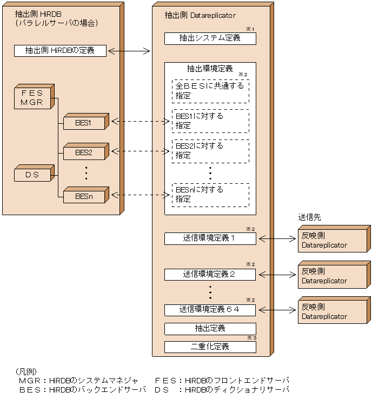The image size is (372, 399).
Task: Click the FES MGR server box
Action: (x=32, y=98)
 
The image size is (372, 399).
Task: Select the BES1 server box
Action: (x=84, y=123)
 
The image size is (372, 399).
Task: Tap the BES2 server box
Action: (x=84, y=152)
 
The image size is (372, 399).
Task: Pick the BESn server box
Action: (x=84, y=196)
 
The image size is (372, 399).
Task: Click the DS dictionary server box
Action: (x=32, y=175)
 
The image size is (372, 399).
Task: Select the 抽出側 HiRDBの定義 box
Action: (x=60, y=51)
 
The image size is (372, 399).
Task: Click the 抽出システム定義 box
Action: (x=210, y=38)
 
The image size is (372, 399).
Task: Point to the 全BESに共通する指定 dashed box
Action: (x=211, y=91)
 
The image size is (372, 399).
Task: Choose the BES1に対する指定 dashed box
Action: (x=211, y=121)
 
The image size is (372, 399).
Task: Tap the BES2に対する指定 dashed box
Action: (x=211, y=151)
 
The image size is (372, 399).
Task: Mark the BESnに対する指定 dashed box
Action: (x=211, y=195)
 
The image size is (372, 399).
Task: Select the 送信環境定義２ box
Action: (x=210, y=275)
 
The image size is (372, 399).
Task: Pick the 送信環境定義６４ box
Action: (x=210, y=310)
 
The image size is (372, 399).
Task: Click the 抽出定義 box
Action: (x=210, y=328)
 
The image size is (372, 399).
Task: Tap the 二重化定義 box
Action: (x=210, y=347)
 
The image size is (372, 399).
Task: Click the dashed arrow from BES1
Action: (x=140, y=122)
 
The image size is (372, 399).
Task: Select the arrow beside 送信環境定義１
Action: (x=277, y=238)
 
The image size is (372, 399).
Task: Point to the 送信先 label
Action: (x=309, y=217)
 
